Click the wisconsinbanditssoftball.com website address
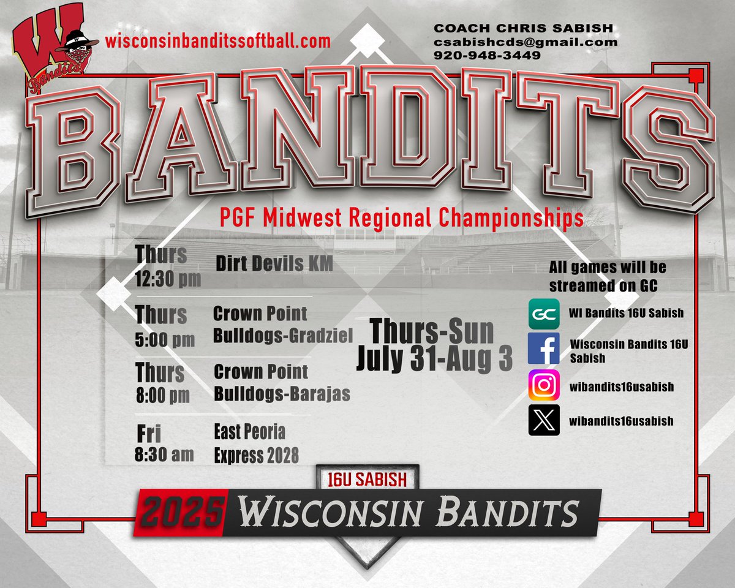pos(217,41)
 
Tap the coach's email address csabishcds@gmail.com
pos(526,42)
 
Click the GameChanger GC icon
pos(543,314)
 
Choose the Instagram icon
pos(543,386)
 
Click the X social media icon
pos(543,421)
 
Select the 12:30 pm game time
pos(168,280)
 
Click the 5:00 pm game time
pos(165,339)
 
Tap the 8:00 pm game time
pos(163,396)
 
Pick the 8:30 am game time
pos(164,454)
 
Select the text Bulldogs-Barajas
pos(282,394)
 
